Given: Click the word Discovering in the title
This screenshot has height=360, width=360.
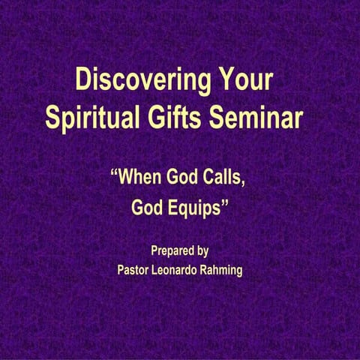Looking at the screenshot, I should (139, 80).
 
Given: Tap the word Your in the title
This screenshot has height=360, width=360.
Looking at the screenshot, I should (243, 80).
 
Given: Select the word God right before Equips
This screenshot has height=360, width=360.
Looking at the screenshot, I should (148, 209).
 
